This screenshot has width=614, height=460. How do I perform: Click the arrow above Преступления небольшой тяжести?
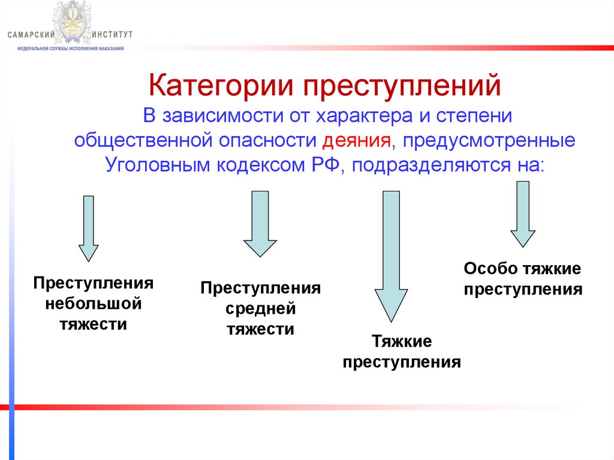(89, 228)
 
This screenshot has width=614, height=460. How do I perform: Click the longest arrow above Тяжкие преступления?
(391, 255)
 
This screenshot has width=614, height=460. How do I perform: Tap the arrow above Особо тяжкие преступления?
(522, 214)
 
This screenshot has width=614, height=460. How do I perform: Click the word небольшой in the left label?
(94, 303)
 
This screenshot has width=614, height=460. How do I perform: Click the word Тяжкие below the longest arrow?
(402, 342)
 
